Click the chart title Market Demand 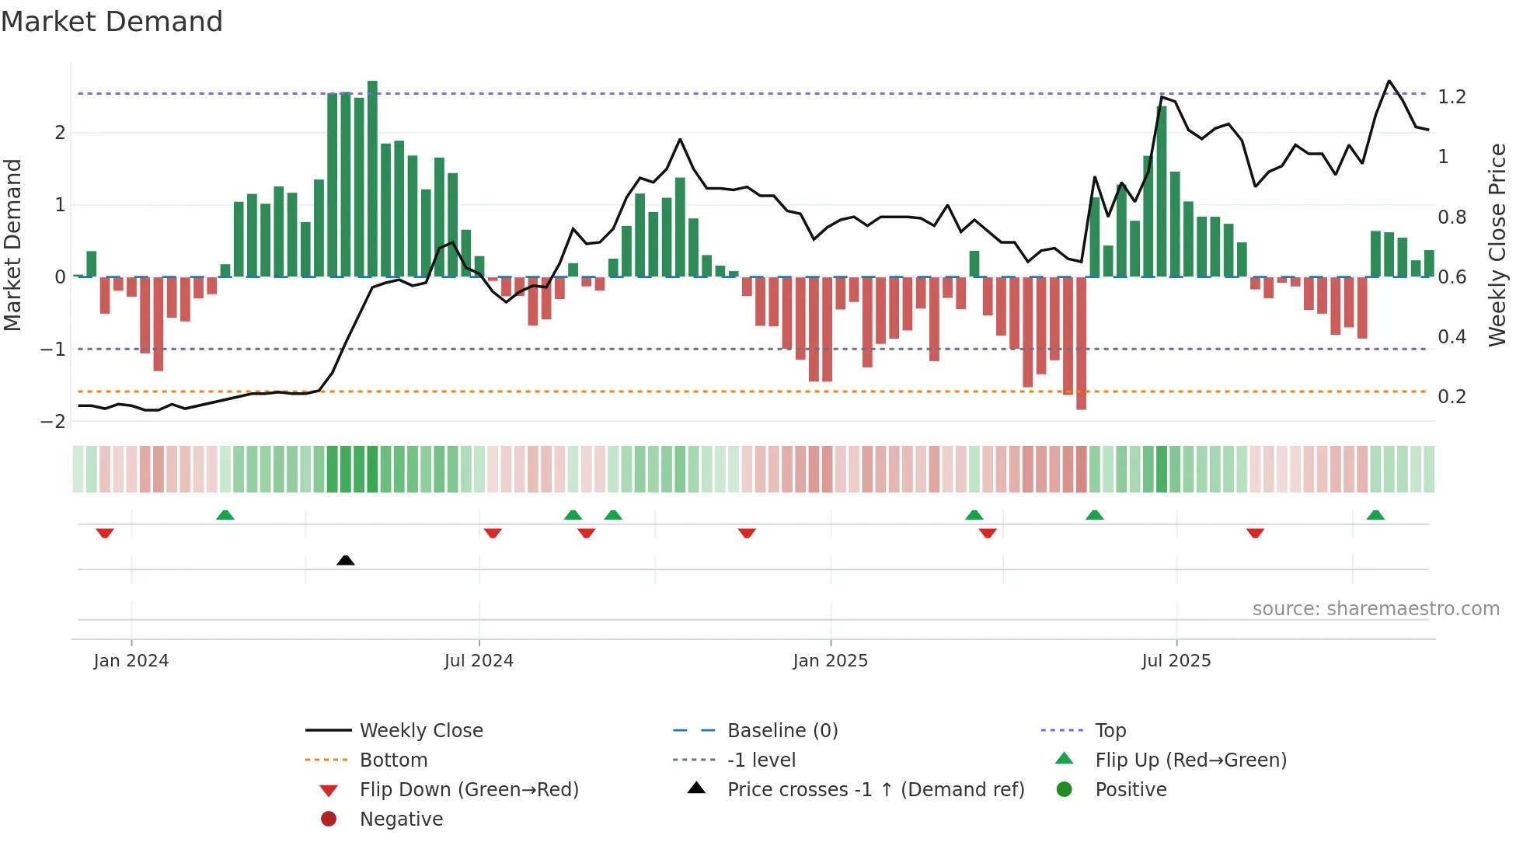point(112,22)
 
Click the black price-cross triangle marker point(346,560)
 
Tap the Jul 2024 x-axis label point(479,661)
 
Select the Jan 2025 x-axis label point(830,661)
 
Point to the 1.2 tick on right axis point(1452,97)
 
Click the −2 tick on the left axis point(54,422)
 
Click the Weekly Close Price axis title point(1497,245)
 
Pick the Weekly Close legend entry point(420,731)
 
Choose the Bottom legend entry point(393,760)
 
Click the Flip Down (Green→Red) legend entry point(469,790)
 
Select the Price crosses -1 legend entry point(875,790)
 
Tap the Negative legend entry point(401,819)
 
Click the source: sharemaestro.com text point(1375,609)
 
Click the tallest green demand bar point(372,179)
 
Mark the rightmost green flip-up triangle point(1375,515)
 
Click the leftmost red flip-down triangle point(105,533)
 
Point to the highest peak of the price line point(1389,82)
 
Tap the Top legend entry point(1110,731)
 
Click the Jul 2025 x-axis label point(1176,661)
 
